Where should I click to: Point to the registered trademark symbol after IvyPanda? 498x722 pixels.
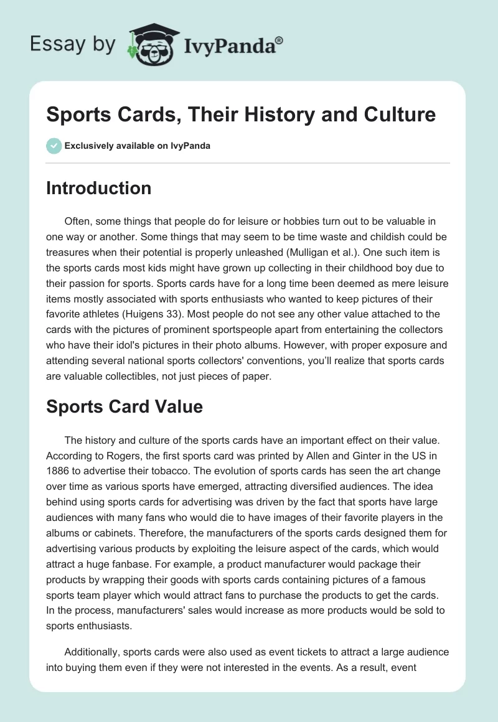(280, 40)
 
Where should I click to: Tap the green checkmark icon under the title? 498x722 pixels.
(53, 146)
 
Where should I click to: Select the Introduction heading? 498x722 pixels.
(98, 188)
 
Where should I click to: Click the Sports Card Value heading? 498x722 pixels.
(125, 407)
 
